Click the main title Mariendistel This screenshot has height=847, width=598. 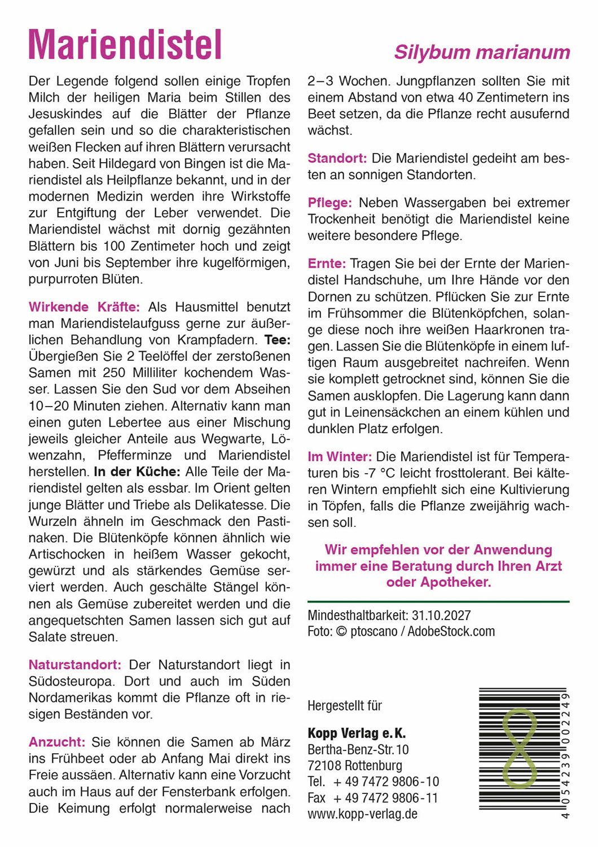(125, 45)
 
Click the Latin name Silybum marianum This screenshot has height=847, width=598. (482, 53)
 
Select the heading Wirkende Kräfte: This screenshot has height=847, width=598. (84, 307)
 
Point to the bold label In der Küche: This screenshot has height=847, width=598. (137, 472)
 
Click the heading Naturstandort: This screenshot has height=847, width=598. (75, 665)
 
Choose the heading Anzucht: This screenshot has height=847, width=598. (57, 742)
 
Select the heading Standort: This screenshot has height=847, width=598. (337, 158)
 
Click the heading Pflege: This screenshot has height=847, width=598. (329, 203)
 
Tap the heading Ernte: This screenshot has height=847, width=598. (327, 264)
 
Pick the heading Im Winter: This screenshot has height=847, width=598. (340, 456)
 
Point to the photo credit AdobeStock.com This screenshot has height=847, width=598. (451, 631)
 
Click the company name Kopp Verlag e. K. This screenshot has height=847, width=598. (357, 733)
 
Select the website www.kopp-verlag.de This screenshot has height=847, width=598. (362, 814)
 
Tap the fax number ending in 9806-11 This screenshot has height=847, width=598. (385, 798)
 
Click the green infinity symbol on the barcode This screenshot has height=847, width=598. (518, 748)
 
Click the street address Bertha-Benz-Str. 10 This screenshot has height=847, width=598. (358, 749)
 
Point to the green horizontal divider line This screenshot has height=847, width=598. (438, 602)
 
